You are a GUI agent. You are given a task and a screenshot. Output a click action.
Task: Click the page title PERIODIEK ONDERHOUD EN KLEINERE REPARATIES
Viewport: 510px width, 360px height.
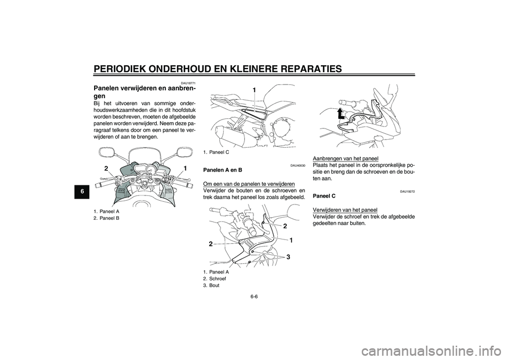(x=217, y=68)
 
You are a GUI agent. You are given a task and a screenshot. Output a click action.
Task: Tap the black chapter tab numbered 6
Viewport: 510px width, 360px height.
(x=83, y=192)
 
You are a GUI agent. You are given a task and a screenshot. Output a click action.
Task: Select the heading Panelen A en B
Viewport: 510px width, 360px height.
(x=222, y=170)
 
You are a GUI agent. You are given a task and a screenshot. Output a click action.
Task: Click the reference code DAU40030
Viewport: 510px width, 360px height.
(x=297, y=166)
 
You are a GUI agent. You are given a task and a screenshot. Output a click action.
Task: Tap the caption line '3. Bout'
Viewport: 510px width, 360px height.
(x=211, y=285)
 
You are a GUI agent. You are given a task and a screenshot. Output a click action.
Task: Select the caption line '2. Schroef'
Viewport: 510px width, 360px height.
(x=214, y=278)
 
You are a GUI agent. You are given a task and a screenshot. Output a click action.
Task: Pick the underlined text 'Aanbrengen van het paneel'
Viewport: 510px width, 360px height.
(x=345, y=158)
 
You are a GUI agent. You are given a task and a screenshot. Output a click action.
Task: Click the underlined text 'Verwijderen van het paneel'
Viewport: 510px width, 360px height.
(x=345, y=209)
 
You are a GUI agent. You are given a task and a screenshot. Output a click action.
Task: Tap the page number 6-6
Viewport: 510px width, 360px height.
(x=254, y=297)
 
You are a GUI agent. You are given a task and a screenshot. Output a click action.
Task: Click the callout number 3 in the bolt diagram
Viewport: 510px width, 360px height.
(x=288, y=257)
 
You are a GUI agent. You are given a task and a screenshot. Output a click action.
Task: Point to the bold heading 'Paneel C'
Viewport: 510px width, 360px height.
(x=324, y=196)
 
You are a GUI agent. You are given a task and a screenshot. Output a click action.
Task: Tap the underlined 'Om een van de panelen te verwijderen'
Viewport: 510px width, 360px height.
(x=249, y=184)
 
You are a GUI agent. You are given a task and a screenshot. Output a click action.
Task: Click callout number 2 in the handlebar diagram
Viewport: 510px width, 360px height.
(x=106, y=168)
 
